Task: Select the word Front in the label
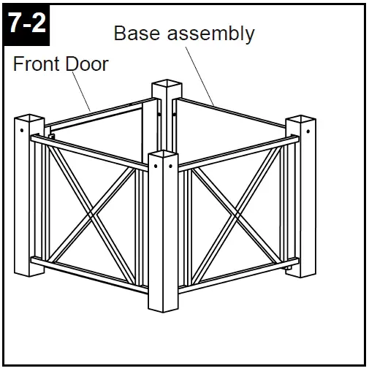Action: tap(36, 64)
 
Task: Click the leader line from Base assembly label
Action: tap(204, 77)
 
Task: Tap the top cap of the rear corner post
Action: tap(166, 86)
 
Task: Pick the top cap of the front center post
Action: tap(163, 156)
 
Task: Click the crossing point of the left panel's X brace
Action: tap(90, 216)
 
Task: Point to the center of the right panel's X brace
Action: tap(236, 215)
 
